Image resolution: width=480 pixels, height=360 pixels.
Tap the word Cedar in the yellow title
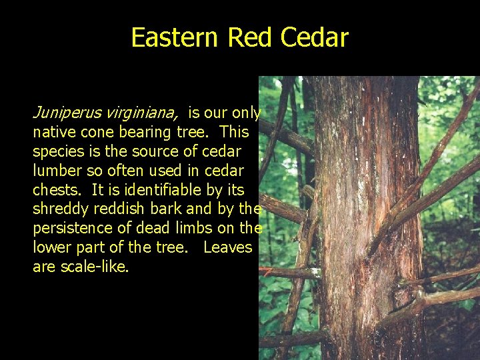pyautogui.click(x=315, y=37)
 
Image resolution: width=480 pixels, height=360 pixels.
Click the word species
pyautogui.click(x=59, y=152)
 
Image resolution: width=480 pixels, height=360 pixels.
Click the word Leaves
pyautogui.click(x=227, y=247)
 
